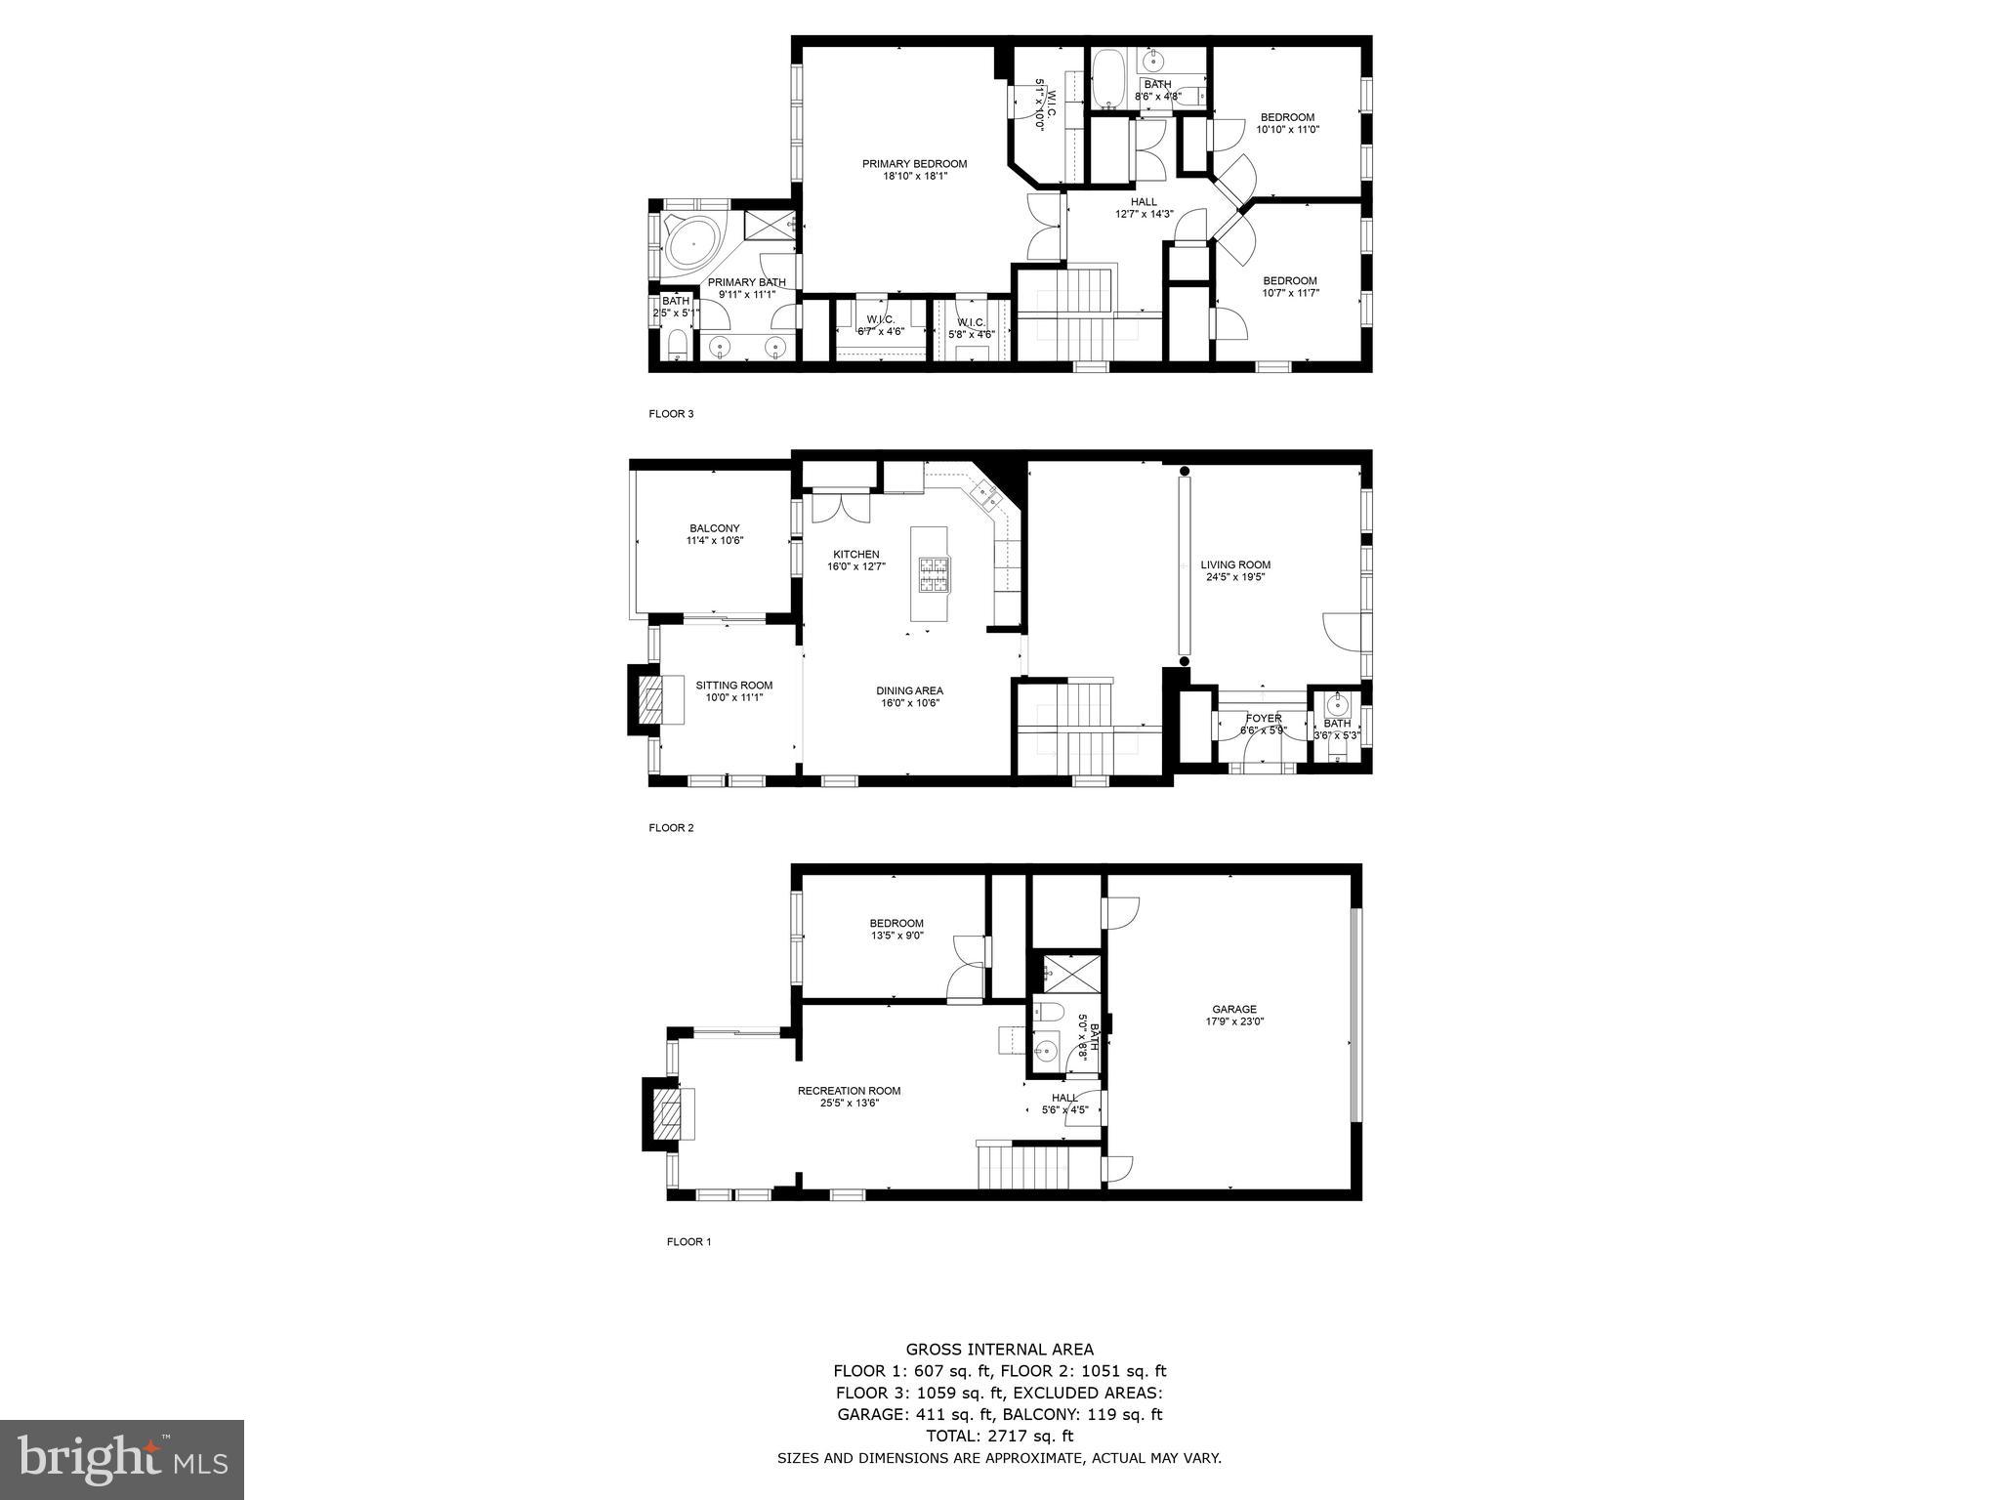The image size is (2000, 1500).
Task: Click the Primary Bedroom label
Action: point(914,164)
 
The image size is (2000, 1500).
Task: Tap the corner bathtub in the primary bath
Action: point(690,240)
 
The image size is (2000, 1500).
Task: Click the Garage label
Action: point(1234,1010)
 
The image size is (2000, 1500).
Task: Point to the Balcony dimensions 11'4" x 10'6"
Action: point(715,540)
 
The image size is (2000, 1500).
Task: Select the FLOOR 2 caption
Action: point(671,828)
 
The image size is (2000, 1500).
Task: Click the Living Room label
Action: point(1235,564)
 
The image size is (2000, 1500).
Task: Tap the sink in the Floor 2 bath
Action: point(1337,705)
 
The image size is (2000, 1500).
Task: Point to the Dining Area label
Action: point(909,690)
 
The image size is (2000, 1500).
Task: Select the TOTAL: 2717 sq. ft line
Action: point(999,1437)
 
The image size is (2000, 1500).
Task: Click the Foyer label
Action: point(1264,718)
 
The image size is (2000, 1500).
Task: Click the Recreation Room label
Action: point(849,1091)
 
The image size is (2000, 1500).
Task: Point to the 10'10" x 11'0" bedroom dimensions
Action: point(1287,129)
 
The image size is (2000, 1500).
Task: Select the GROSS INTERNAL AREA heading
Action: point(999,1351)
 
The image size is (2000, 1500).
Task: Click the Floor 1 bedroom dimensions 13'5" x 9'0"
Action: point(896,936)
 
